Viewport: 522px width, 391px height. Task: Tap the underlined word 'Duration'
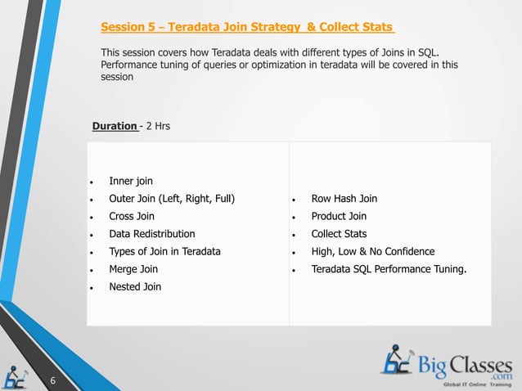pos(115,126)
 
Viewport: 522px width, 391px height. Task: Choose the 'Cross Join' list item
pos(131,216)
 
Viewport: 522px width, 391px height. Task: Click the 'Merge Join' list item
pos(133,269)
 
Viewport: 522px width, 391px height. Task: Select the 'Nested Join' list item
pos(135,286)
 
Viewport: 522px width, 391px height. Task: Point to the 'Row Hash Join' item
pos(344,199)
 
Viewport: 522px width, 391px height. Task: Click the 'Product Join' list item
pos(339,216)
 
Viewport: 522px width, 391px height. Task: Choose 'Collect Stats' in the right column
pos(339,234)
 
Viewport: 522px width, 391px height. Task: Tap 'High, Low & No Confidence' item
pos(372,251)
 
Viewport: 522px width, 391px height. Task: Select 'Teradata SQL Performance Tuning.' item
pos(389,269)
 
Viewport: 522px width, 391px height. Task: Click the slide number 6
pos(52,380)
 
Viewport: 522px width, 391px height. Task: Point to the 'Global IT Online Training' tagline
pos(477,384)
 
